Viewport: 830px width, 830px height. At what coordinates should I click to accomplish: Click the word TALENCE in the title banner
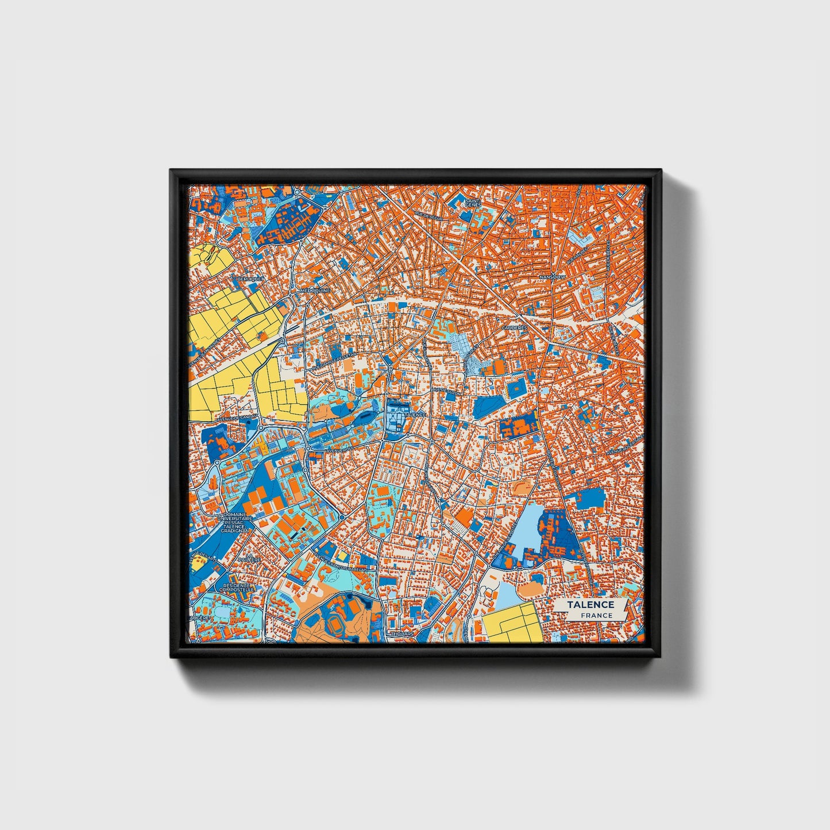591,604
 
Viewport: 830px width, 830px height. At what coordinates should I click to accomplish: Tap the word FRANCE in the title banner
596,615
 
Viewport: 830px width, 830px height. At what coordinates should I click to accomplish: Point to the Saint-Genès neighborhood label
473,202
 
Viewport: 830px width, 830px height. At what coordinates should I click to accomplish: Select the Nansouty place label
553,277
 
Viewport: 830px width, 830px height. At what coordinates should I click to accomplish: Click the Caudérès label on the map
514,327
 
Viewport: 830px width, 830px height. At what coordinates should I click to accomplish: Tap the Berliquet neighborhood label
249,279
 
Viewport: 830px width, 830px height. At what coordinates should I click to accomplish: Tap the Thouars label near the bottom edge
402,634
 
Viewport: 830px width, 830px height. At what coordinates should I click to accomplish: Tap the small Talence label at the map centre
415,414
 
